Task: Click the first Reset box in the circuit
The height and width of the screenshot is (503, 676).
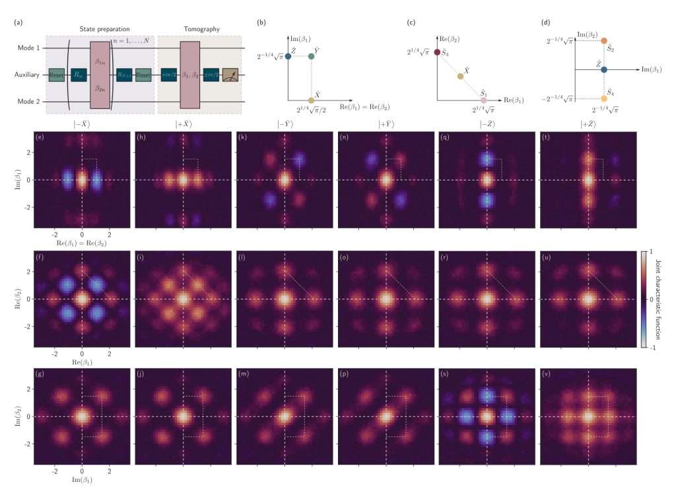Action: [56, 75]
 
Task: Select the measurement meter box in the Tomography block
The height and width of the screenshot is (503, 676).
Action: [231, 75]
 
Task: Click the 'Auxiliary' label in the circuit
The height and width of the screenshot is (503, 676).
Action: [29, 75]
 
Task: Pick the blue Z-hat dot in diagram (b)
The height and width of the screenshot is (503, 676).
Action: [288, 56]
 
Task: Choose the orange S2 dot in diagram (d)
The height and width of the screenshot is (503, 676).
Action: [604, 40]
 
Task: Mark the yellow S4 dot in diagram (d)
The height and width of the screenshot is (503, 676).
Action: [604, 98]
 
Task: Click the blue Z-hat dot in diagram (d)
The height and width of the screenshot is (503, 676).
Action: [604, 69]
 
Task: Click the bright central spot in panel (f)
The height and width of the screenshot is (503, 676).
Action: [82, 298]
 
